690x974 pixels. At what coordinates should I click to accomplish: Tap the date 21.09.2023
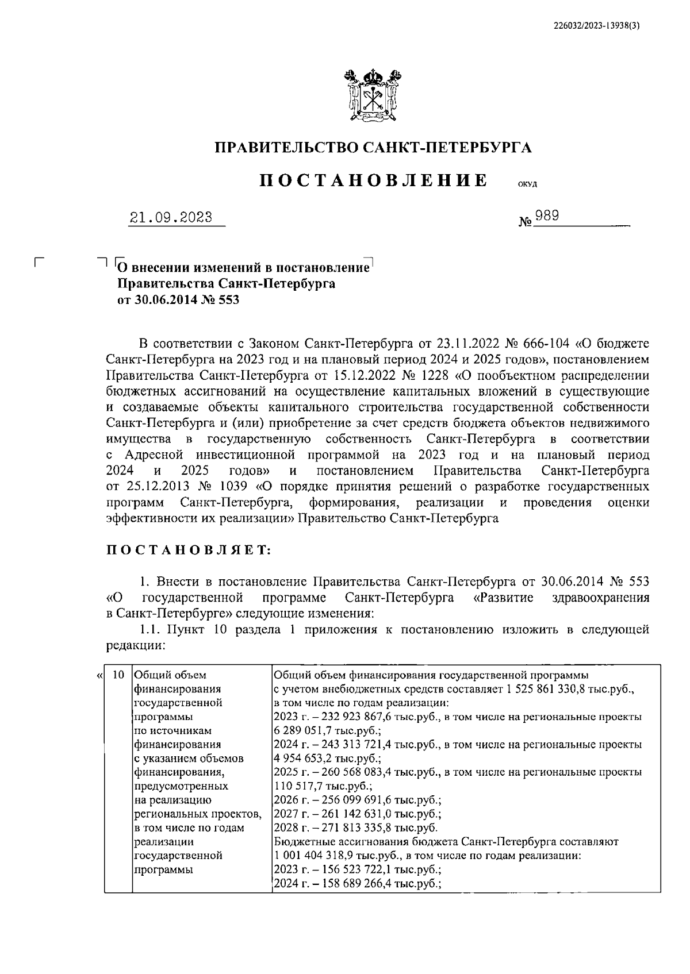(x=171, y=218)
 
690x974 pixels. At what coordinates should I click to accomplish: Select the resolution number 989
(x=547, y=216)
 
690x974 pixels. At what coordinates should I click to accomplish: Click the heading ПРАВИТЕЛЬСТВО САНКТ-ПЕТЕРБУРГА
(x=373, y=148)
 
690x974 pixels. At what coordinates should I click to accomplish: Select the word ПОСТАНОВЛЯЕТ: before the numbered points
(x=189, y=550)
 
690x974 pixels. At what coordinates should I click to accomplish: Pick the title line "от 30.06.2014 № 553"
(x=178, y=299)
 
